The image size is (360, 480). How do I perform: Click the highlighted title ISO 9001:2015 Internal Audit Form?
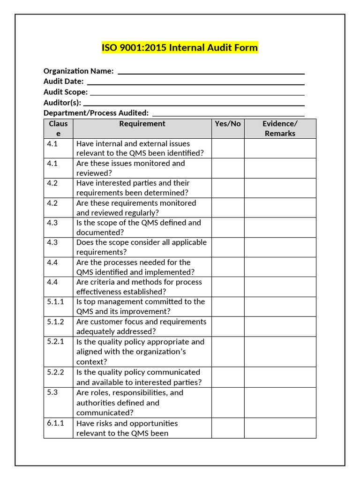pos(180,48)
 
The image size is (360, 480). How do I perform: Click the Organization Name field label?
pos(78,71)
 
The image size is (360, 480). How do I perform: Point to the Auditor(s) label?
pos(62,103)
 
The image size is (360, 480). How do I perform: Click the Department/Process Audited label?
pos(96,113)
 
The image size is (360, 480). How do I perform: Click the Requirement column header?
pos(142,124)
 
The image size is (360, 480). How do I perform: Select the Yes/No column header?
pos(227,124)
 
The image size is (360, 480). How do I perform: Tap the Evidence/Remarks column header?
pos(280,128)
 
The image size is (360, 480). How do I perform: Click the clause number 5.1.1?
pos(55,302)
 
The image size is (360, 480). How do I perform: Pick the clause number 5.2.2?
pos(55,372)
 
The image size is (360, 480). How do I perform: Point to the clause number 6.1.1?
pos(55,423)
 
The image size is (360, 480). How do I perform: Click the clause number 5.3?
pos(52,392)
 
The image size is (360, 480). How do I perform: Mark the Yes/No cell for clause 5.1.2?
pos(227,327)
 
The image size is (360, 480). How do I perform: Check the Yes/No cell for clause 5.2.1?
pos(227,352)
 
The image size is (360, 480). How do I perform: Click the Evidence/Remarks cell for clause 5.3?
pos(280,403)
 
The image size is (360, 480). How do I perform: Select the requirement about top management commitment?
pos(141,307)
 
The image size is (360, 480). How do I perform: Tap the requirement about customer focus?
pos(141,327)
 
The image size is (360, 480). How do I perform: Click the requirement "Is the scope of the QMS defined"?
pos(138,227)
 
